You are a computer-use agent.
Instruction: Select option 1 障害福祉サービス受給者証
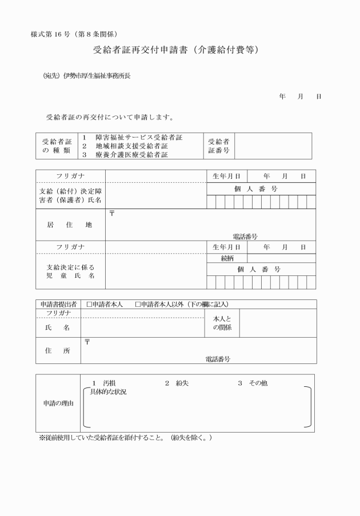click(x=133, y=138)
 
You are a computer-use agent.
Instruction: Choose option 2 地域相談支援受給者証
click(x=129, y=146)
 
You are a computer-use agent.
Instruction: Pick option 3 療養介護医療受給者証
click(x=129, y=154)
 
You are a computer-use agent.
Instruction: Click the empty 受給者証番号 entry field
click(x=273, y=146)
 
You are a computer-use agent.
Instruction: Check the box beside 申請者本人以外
click(x=138, y=305)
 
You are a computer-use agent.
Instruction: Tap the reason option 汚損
click(x=109, y=383)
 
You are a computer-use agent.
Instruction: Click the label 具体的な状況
click(x=109, y=392)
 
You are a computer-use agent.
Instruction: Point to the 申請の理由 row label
click(x=58, y=403)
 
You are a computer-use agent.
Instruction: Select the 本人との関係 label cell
click(x=222, y=323)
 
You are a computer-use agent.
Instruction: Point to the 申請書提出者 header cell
click(x=58, y=305)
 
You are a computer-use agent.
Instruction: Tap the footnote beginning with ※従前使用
click(x=126, y=438)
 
